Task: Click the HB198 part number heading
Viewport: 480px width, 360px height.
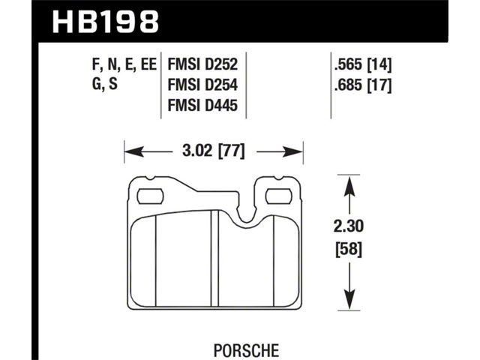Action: pyautogui.click(x=106, y=22)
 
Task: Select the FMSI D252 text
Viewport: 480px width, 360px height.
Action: pyautogui.click(x=202, y=64)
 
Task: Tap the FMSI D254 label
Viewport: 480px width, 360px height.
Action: pyautogui.click(x=202, y=85)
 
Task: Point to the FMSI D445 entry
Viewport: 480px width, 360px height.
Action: pyautogui.click(x=202, y=105)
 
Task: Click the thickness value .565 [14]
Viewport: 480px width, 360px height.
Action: pyautogui.click(x=363, y=64)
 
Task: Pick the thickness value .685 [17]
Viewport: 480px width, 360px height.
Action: pyautogui.click(x=363, y=85)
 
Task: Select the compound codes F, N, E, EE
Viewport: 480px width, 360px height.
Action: pyautogui.click(x=124, y=64)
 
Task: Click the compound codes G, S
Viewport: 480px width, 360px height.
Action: pyautogui.click(x=105, y=84)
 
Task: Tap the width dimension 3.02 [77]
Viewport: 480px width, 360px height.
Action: pyautogui.click(x=214, y=151)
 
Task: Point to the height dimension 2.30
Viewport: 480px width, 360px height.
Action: pyautogui.click(x=349, y=226)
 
